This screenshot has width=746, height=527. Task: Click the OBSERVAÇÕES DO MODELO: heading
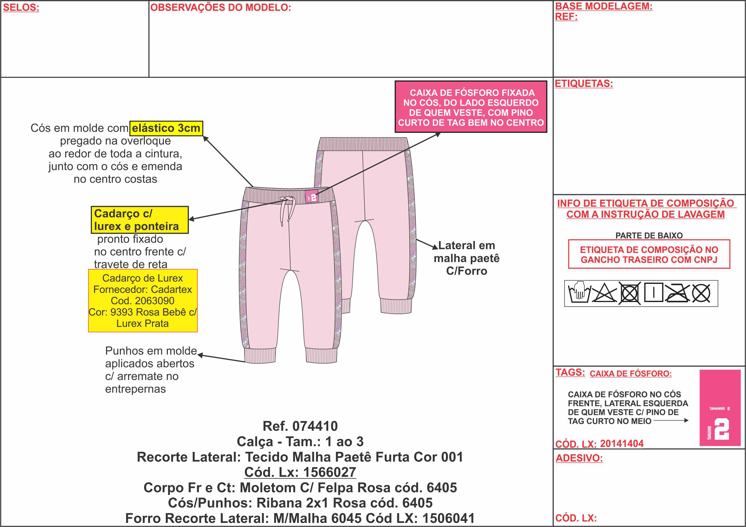[221, 7]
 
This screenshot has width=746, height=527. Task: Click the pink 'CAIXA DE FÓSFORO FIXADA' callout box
[471, 107]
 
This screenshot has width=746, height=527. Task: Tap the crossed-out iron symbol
[677, 293]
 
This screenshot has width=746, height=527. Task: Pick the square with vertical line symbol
[653, 293]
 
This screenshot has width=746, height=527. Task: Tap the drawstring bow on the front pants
[287, 208]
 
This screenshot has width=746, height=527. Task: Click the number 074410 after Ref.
[315, 426]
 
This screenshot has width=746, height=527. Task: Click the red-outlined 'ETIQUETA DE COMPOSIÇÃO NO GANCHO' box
[649, 254]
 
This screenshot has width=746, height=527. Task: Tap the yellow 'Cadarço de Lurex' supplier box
[143, 301]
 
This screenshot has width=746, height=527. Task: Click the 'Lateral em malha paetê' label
[467, 258]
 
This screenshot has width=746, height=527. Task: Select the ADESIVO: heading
[579, 458]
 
